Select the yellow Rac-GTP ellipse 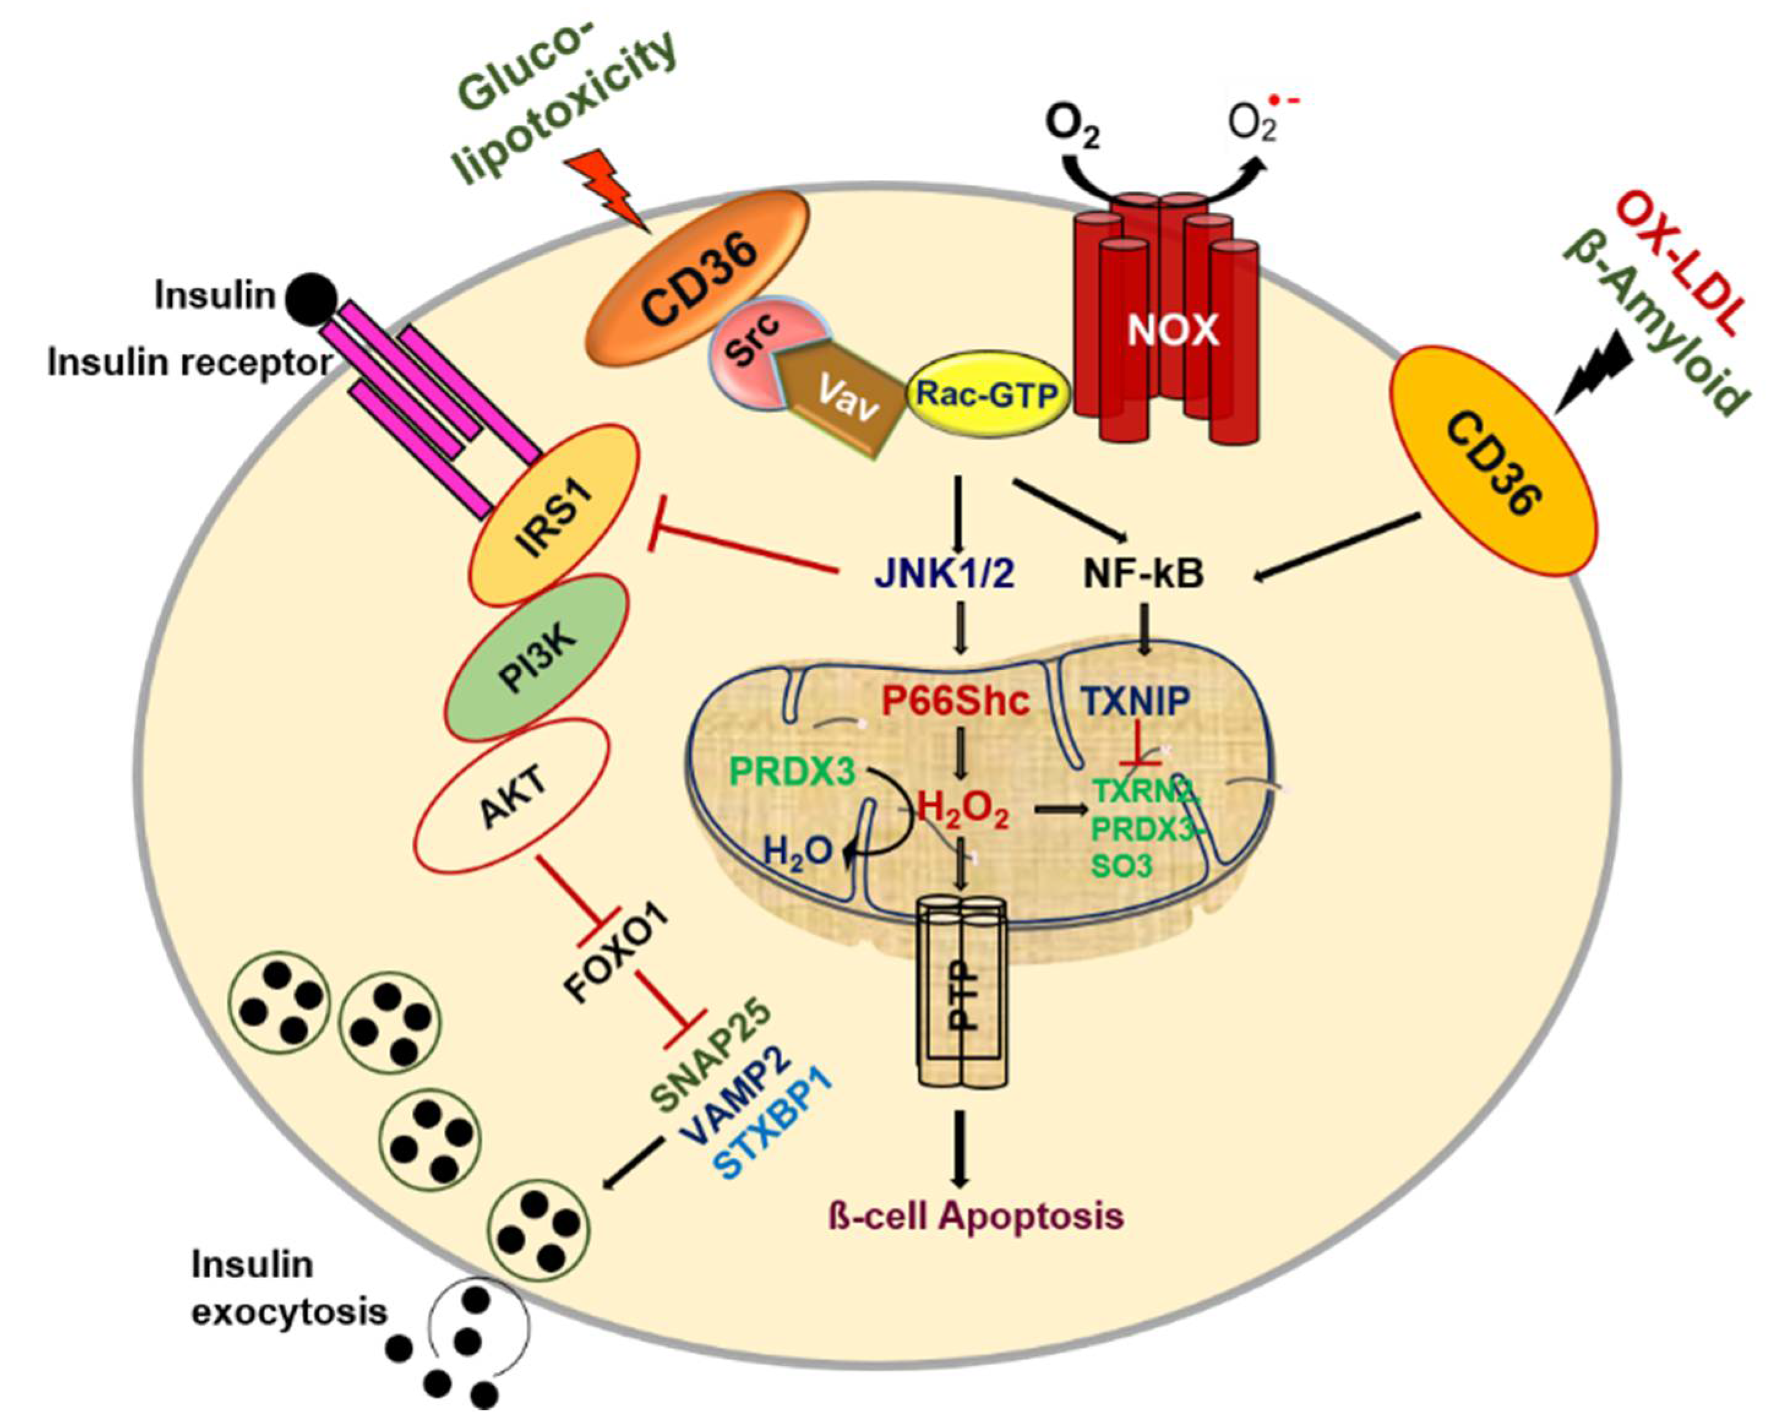point(987,396)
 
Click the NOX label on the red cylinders point(1172,330)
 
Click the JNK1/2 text point(944,574)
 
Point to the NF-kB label point(1144,574)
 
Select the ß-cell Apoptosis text point(975,1215)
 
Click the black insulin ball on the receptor point(311,297)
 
